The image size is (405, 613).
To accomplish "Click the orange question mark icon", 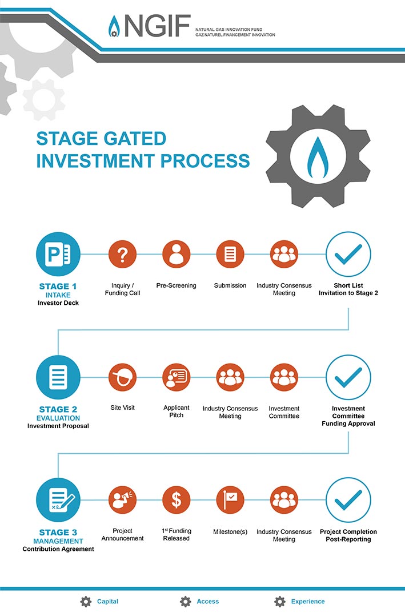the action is point(122,254).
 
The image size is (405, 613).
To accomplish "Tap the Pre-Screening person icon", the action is point(176,254).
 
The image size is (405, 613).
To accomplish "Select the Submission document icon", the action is point(230,254).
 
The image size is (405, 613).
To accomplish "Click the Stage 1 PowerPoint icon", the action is point(58,254).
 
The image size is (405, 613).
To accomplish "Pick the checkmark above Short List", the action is point(348,254).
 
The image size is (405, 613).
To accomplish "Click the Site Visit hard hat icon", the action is point(122,377).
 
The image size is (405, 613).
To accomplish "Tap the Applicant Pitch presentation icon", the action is point(176,377).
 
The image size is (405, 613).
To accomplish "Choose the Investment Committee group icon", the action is point(284,377).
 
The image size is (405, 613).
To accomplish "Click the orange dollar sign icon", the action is point(176,500).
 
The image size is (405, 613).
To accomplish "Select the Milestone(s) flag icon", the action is point(230,500).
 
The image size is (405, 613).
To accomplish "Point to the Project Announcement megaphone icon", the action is point(122,500).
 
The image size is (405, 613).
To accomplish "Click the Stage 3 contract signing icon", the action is point(58,500).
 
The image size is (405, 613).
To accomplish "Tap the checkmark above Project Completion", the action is point(348,500).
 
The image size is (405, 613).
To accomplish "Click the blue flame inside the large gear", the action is point(318,157).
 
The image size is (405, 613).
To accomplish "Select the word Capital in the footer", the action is point(107,601).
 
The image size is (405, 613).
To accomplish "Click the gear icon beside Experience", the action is point(280,601).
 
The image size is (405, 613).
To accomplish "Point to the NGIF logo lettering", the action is point(157,26).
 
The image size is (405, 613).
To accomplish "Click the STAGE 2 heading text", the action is point(58,409).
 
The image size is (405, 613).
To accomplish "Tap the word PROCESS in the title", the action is point(205,161).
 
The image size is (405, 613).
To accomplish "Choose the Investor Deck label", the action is point(58,303).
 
